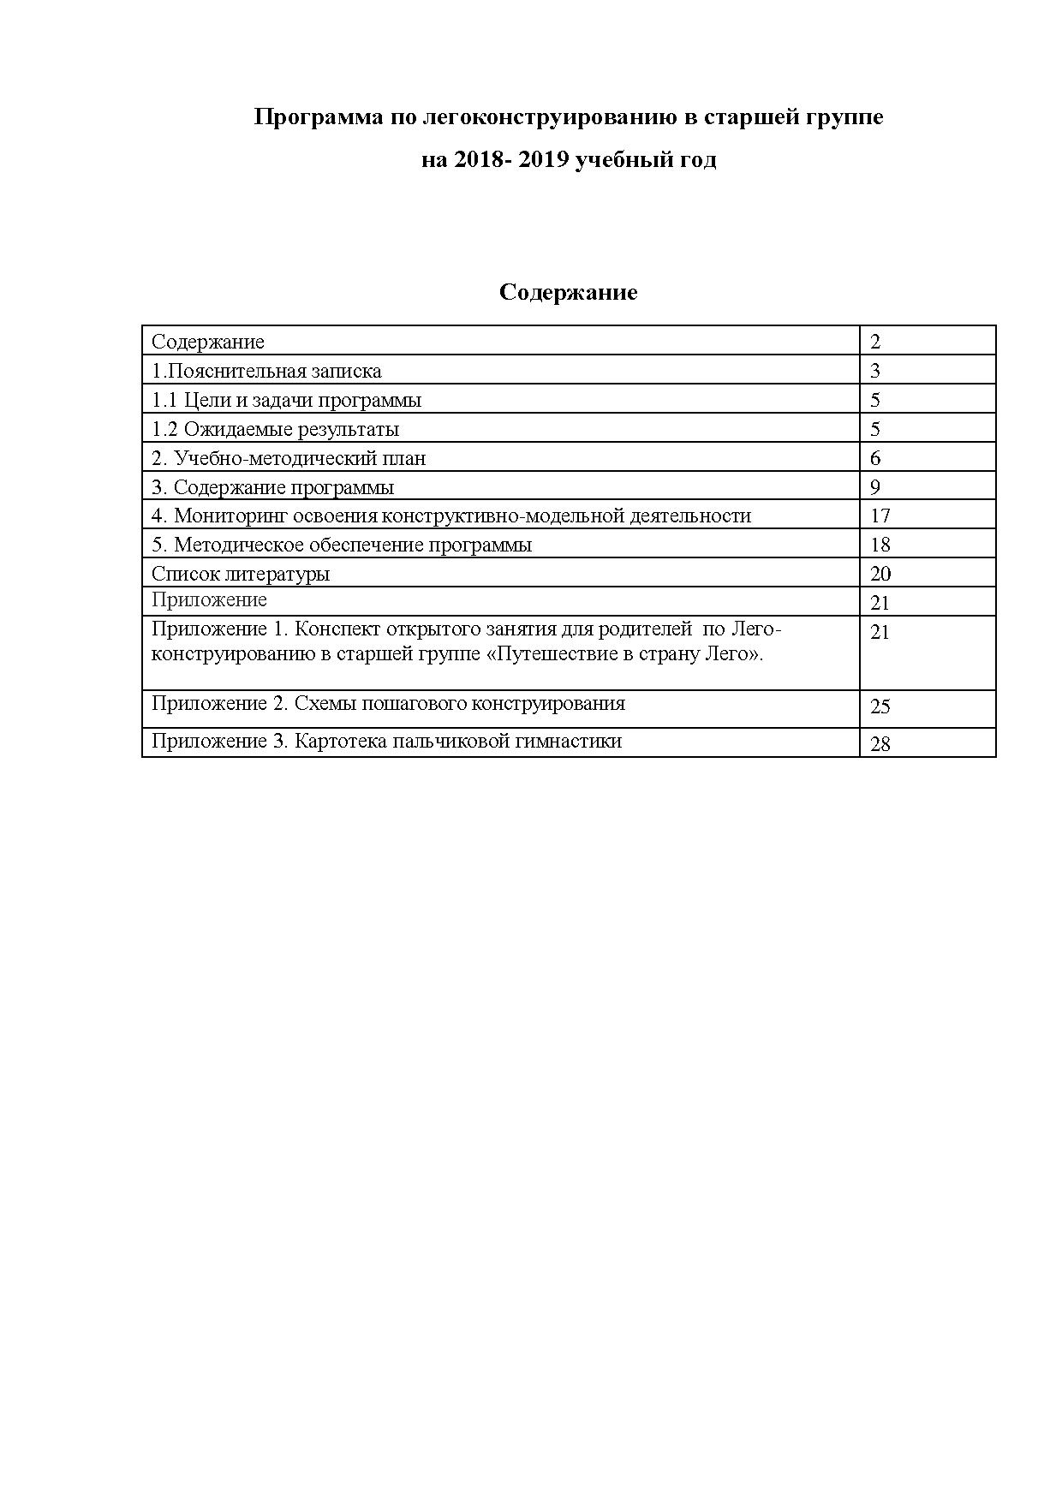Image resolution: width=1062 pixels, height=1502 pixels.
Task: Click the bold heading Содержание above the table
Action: tap(568, 293)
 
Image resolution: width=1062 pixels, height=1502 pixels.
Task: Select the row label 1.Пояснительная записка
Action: tap(266, 371)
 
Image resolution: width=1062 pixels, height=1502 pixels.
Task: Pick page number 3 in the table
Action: tap(875, 371)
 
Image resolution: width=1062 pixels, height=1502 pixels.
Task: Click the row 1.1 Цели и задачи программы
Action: tap(286, 400)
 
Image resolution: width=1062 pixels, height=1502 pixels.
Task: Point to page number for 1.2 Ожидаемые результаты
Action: tap(875, 429)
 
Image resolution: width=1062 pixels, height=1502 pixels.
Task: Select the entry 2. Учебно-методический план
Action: tap(289, 458)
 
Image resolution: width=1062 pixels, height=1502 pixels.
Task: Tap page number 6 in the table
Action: tap(875, 458)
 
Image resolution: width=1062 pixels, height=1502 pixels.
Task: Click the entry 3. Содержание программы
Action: tap(272, 487)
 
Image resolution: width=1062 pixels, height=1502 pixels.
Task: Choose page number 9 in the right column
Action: tap(875, 487)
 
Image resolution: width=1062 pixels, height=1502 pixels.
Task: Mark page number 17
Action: tap(880, 516)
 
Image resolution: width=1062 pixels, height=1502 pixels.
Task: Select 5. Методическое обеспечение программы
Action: tap(342, 545)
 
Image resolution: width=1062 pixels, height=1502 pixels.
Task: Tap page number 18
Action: tap(880, 545)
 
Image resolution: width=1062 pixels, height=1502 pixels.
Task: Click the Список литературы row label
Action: tap(241, 574)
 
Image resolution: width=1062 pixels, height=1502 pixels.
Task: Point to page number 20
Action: tap(880, 574)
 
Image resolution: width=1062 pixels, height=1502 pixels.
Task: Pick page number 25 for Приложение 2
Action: tap(880, 706)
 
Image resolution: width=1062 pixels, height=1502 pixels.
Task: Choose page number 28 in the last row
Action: tap(880, 744)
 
